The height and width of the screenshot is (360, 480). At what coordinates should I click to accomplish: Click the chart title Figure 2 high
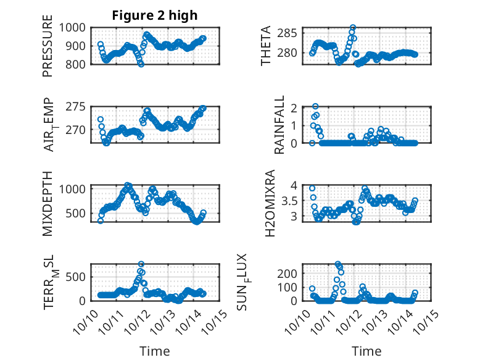[155, 15]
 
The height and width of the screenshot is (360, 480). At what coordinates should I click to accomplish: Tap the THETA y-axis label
[266, 46]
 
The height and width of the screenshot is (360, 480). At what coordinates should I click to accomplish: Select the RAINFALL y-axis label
[279, 125]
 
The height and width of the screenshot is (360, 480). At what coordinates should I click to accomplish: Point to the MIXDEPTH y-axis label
[48, 203]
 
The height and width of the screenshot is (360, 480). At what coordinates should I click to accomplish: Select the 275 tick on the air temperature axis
[78, 107]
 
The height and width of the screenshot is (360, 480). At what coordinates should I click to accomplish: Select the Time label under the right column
[366, 351]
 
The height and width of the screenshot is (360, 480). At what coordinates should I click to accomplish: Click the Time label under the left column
[155, 351]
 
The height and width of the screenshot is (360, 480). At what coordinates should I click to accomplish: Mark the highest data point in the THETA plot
[353, 27]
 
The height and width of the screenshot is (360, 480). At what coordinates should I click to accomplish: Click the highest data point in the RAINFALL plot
[315, 106]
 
